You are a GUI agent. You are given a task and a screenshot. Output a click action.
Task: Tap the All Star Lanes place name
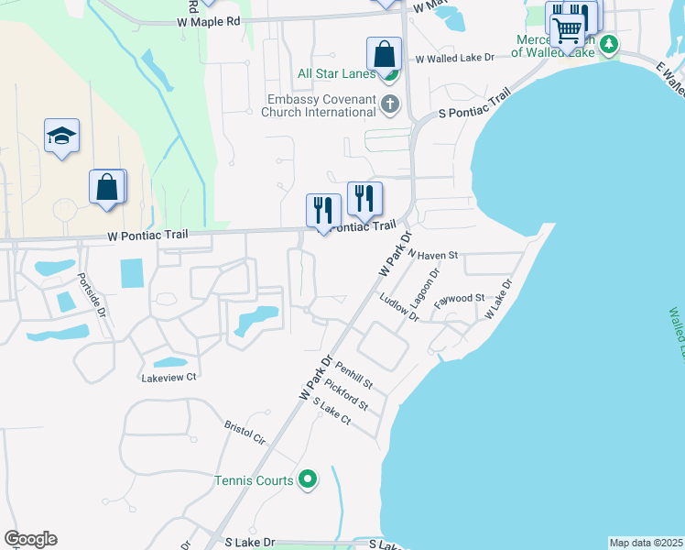point(336,74)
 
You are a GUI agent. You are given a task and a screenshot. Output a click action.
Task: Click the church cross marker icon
point(390,104)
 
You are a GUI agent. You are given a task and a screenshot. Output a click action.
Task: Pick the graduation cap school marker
point(61,136)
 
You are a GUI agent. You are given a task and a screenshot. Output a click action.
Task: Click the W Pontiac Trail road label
point(147,236)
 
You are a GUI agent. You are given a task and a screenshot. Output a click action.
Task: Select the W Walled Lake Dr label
point(454,58)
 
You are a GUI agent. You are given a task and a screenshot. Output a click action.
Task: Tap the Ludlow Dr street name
point(399,309)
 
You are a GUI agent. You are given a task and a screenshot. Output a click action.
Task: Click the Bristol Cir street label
point(245,433)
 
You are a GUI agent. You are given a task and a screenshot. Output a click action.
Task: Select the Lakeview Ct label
point(169,377)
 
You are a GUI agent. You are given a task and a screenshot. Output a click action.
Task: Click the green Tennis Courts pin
point(309,479)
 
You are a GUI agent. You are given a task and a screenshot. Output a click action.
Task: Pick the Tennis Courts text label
point(254,480)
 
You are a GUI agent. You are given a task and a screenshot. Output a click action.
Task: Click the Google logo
point(30,539)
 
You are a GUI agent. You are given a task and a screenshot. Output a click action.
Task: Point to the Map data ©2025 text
point(646,543)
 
